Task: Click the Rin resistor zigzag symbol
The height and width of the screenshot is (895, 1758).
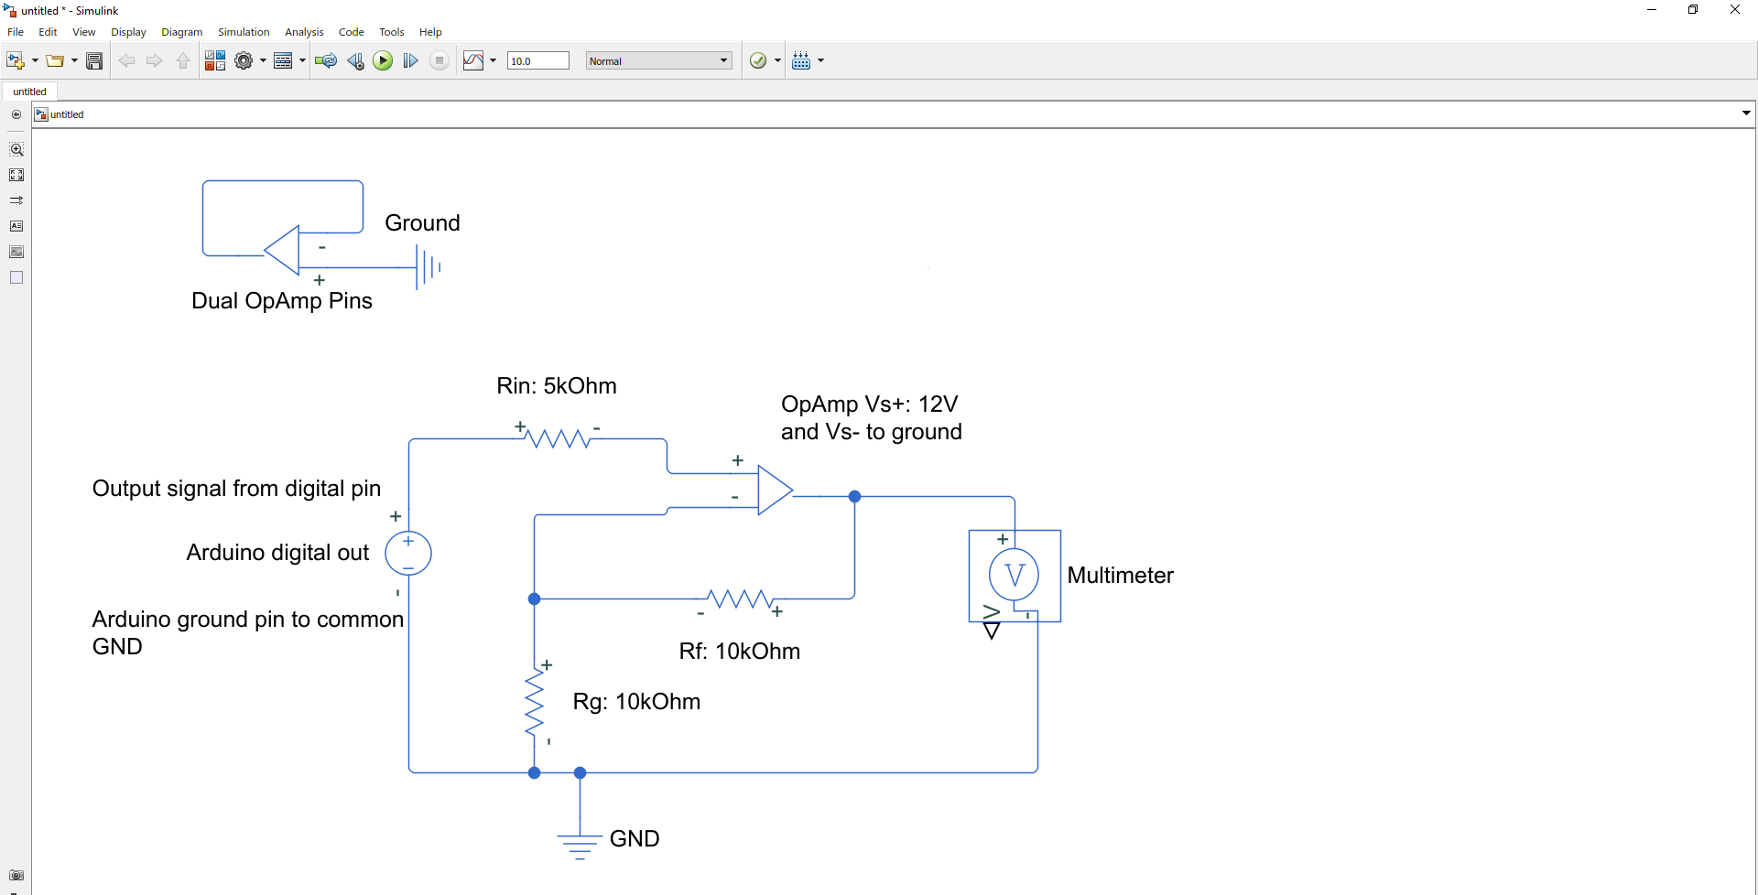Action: point(559,438)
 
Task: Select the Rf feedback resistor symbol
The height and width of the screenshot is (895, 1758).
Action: point(740,599)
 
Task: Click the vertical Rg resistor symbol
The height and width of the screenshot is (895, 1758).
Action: point(535,703)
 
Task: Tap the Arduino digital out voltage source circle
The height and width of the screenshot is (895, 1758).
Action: point(408,554)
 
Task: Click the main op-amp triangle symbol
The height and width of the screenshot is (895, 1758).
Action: point(773,491)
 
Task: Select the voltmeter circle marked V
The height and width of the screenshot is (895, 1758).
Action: point(1014,575)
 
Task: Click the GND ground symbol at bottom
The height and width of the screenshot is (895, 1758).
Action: point(580,844)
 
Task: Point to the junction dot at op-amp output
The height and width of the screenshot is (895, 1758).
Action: point(854,496)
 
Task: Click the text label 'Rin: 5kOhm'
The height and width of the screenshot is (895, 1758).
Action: point(556,386)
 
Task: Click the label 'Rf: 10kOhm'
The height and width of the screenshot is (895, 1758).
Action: point(739,652)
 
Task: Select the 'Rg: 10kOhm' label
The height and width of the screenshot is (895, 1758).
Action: point(636,702)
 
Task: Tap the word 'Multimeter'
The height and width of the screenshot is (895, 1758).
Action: point(1120,576)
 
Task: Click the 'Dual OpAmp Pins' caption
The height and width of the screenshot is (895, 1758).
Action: point(281,301)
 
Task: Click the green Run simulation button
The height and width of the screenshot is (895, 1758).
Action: point(383,60)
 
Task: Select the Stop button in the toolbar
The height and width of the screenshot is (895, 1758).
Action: point(439,60)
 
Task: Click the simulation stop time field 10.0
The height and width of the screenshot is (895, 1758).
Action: point(537,61)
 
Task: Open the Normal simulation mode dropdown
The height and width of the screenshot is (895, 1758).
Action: point(658,61)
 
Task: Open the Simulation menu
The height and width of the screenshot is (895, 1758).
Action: point(244,32)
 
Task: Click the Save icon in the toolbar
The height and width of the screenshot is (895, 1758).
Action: point(94,61)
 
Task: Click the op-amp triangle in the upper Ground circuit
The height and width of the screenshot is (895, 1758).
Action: point(285,250)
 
